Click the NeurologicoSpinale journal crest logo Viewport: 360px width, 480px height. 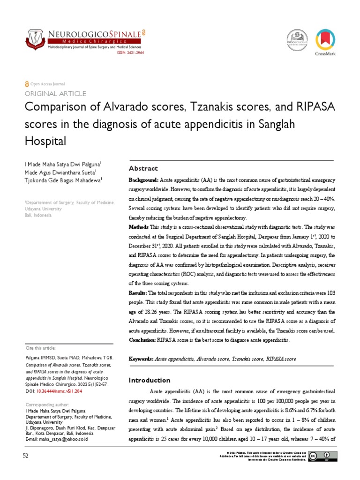point(36,39)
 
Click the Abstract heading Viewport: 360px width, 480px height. point(143,168)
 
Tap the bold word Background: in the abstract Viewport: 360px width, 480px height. point(144,180)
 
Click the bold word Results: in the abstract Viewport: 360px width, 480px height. point(138,292)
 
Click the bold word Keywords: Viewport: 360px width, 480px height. point(141,359)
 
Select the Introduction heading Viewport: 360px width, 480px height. point(150,380)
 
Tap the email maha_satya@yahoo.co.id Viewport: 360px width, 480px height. point(62,439)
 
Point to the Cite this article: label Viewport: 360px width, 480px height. point(40,348)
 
